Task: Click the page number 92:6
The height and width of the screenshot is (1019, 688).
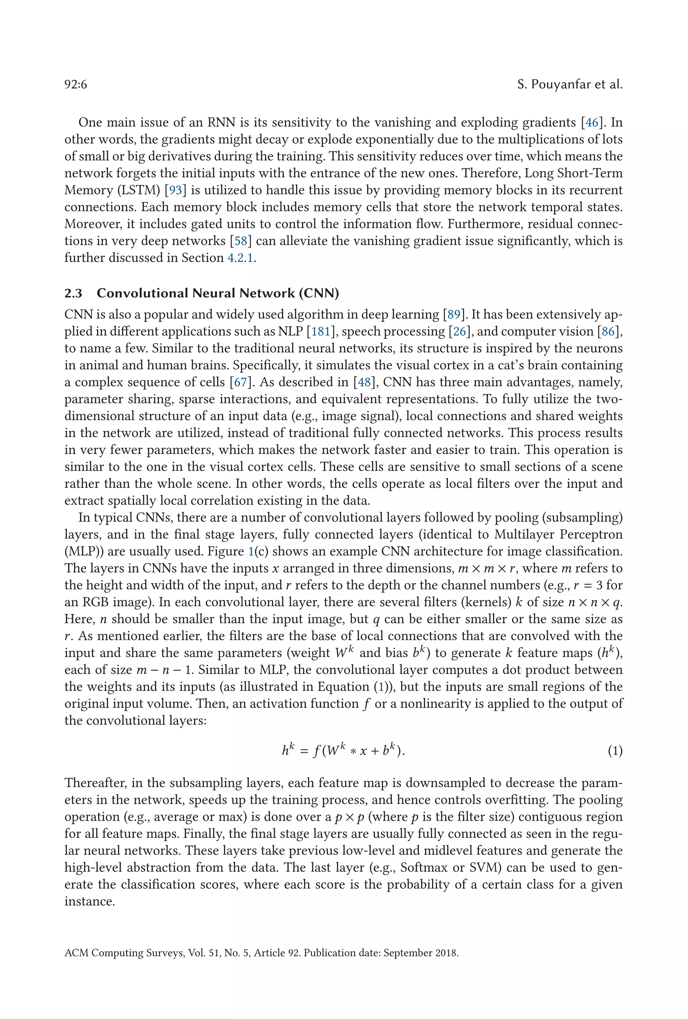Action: coord(76,85)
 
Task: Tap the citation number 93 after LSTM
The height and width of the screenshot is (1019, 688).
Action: coord(175,190)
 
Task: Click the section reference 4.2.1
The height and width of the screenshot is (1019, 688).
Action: coord(240,258)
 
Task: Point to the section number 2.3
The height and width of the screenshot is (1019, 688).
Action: coord(73,293)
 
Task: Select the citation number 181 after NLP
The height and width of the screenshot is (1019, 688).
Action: coord(320,331)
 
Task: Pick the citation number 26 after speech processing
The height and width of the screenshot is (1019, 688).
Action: coord(459,331)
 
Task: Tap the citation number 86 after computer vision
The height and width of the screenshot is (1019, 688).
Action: coord(608,331)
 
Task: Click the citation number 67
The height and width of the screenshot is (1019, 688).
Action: coord(240,382)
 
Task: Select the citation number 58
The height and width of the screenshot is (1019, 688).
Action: coord(240,241)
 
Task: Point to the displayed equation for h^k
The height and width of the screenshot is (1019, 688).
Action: coord(343,751)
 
